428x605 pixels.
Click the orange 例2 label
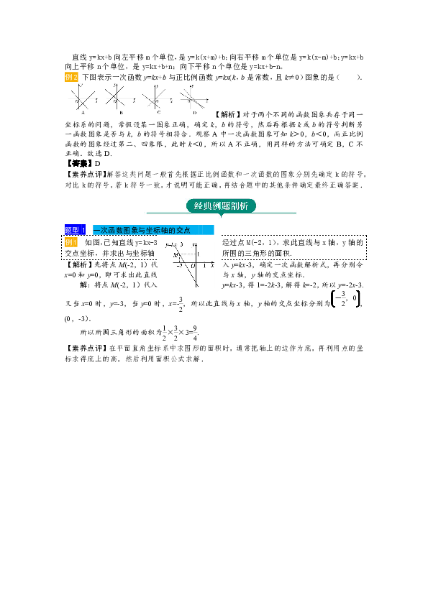coord(70,77)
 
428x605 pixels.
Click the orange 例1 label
coord(70,243)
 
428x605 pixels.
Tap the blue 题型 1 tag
coord(75,230)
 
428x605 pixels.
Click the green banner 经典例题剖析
coord(221,205)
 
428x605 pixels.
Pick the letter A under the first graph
coord(84,113)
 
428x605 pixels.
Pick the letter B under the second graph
coord(121,113)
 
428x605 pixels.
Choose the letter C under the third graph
coord(158,113)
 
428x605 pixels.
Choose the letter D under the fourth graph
coord(195,113)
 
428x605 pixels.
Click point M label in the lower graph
coord(175,255)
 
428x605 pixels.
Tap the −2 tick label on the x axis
coord(180,266)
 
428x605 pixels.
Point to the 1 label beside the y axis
coord(199,254)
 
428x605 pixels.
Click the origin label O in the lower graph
coord(193,266)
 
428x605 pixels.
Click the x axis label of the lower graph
coord(212,266)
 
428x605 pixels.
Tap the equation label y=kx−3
coord(174,245)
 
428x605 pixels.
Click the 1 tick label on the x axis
coord(204,266)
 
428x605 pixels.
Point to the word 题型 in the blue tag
coord(72,230)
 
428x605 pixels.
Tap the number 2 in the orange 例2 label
coord(75,77)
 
